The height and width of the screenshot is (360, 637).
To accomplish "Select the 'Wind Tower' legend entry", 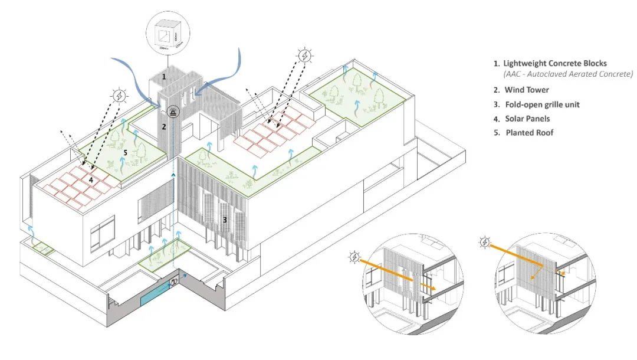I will click(x=526, y=90).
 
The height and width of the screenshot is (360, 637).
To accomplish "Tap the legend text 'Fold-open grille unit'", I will click(x=542, y=104).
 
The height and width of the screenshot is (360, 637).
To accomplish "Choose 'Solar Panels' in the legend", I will click(x=527, y=119).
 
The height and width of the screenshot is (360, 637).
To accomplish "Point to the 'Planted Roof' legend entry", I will click(x=529, y=133).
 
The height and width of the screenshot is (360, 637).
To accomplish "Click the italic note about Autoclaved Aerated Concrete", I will click(x=568, y=74).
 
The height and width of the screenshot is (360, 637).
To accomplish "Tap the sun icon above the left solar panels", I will click(x=120, y=96).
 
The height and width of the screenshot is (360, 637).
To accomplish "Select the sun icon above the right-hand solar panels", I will click(x=305, y=56).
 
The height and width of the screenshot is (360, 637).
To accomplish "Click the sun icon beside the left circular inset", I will click(x=355, y=256).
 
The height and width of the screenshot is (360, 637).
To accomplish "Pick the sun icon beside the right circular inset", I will click(x=484, y=242).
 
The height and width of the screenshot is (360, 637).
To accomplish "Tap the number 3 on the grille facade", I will click(x=224, y=220).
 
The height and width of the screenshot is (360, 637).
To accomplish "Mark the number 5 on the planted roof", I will click(x=126, y=152).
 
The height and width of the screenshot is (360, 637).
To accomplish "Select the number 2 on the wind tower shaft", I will click(x=165, y=126).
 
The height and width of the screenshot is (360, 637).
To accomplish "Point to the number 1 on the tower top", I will click(x=164, y=77).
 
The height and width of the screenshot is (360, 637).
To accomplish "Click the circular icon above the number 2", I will click(x=173, y=110).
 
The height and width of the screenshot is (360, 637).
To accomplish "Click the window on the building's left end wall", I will click(x=103, y=231).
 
